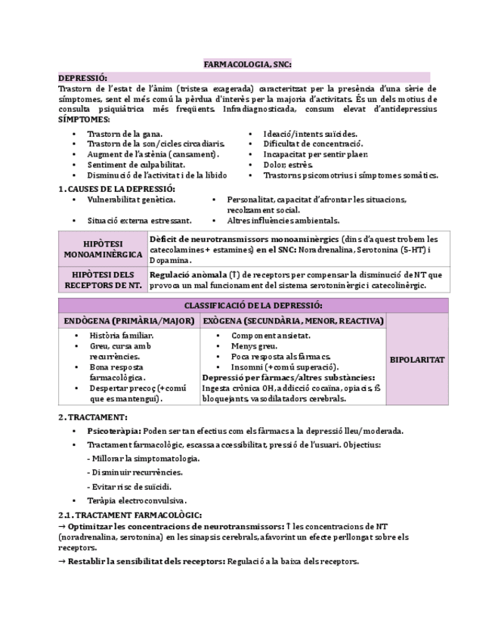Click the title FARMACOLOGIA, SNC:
pos(247,65)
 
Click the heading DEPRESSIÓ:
pos(83,78)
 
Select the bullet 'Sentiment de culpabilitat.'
pos(135,164)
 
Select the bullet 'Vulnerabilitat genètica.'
pos(131,200)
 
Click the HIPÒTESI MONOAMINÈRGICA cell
pos(103,249)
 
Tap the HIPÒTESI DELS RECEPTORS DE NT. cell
pos(103,280)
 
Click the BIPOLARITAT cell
pos(416,360)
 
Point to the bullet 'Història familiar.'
pos(122,335)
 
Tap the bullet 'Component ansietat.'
pos(271,335)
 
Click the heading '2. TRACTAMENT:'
pos(93,416)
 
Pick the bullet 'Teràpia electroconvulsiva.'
pos(137,500)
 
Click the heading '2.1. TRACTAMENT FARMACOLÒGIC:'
pos(129,514)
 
